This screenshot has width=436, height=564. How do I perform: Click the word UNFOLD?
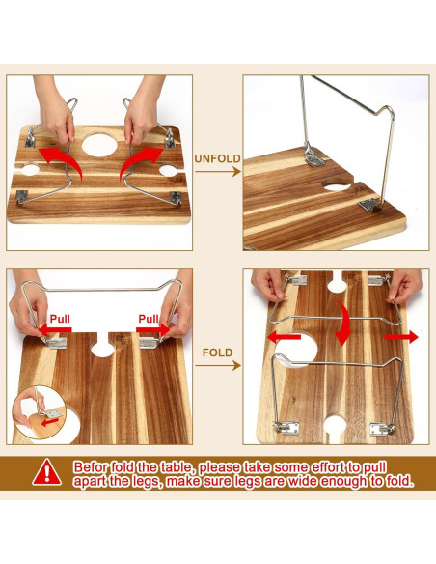tap(217, 158)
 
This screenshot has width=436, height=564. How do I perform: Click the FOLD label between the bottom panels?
tap(217, 352)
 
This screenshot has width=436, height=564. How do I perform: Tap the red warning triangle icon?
tap(45, 472)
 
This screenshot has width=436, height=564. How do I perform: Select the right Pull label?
tap(148, 318)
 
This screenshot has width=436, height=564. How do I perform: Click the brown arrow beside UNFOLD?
tap(219, 172)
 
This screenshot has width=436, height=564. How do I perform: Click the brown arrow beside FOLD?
tap(219, 366)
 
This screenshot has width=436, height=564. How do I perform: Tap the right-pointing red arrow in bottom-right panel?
tap(403, 337)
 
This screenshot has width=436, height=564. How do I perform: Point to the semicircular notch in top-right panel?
tap(337, 183)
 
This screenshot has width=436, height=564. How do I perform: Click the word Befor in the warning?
tap(93, 465)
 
